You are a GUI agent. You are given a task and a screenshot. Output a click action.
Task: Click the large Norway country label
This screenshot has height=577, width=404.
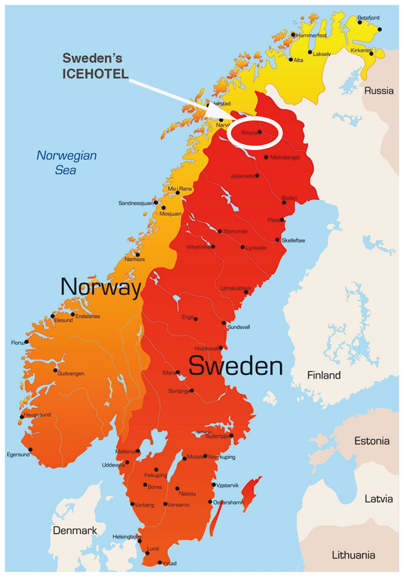[x=101, y=287]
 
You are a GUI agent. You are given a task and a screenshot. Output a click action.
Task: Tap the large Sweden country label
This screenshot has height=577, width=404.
[x=235, y=366]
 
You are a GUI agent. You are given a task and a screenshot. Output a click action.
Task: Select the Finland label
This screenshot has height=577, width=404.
[x=323, y=376]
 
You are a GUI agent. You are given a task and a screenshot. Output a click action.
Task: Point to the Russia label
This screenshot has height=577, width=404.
[x=379, y=91]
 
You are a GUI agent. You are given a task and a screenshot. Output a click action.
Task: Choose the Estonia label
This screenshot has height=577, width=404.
[x=372, y=441]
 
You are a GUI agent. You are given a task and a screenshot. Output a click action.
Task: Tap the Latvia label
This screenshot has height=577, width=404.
[x=378, y=499]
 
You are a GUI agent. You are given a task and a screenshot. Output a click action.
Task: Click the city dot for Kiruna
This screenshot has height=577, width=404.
[x=260, y=132]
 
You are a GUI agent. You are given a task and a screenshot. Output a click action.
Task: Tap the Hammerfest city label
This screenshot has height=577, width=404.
[x=312, y=35]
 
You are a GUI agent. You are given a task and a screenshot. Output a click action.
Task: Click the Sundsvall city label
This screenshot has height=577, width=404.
[x=239, y=327]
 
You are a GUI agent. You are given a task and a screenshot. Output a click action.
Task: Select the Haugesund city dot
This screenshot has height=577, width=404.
[x=22, y=417]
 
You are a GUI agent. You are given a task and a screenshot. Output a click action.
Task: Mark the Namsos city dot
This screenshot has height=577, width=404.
[x=137, y=254]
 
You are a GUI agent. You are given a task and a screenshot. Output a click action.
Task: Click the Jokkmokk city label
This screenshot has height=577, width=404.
[x=242, y=176]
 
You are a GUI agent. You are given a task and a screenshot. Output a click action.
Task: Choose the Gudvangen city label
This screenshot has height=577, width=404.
[x=71, y=374]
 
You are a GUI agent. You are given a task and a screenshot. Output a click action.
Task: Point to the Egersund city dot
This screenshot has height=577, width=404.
[x=30, y=450]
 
